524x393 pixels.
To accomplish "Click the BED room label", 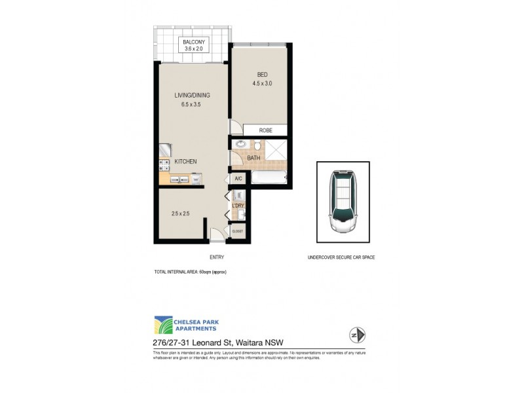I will click(x=262, y=74).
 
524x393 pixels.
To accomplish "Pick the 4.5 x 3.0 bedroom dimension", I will click(x=262, y=84).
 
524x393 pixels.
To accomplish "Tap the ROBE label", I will click(x=265, y=130).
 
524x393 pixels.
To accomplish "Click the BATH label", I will click(x=253, y=158).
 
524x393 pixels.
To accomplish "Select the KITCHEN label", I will click(x=185, y=161).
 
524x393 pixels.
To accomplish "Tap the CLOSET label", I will click(x=237, y=231).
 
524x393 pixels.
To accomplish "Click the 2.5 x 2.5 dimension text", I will click(x=180, y=214).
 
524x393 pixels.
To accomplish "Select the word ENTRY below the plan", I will click(x=217, y=257).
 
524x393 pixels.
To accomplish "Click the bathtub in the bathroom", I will click(x=269, y=178).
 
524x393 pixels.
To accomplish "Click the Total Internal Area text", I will click(x=190, y=271).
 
